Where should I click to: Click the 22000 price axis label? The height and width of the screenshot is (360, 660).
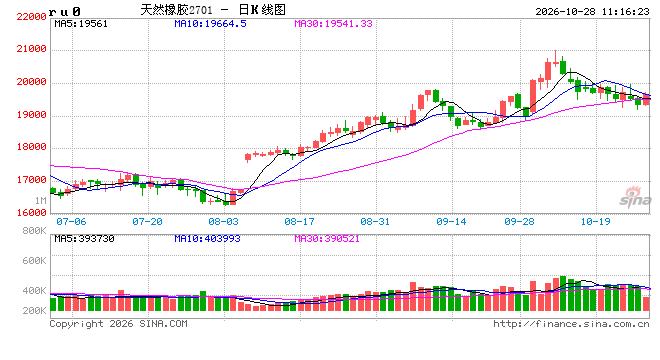pos(31,17)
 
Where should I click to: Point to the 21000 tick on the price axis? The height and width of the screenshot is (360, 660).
pos(31,49)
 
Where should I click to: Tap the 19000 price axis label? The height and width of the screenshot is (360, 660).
pos(31,115)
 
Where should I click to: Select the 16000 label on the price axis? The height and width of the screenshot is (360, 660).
pos(31,213)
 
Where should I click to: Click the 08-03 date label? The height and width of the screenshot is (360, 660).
pos(224,221)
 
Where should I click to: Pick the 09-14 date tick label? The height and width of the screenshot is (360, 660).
pos(451,221)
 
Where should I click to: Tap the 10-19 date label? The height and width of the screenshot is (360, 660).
pos(595,221)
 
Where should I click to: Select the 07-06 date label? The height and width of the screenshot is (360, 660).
pos(71,221)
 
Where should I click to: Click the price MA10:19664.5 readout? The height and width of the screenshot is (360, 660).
pos(210,24)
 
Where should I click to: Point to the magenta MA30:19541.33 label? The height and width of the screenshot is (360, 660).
pos(333,24)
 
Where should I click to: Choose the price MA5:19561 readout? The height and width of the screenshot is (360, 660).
pos(81,24)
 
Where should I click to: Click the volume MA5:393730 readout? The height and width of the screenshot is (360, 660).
pos(84,239)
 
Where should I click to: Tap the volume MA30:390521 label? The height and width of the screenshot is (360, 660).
pos(327,239)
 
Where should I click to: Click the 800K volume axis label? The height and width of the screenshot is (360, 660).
pos(34,231)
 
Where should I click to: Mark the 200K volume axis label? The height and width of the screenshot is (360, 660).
pos(34,311)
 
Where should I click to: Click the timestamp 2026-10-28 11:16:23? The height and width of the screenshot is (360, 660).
pos(592,12)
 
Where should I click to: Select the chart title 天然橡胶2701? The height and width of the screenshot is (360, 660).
pos(176,10)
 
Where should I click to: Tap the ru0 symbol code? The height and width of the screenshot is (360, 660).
pos(65,12)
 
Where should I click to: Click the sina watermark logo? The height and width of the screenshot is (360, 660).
pos(635,197)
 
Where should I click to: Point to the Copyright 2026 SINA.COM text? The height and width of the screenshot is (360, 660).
pos(118,324)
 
